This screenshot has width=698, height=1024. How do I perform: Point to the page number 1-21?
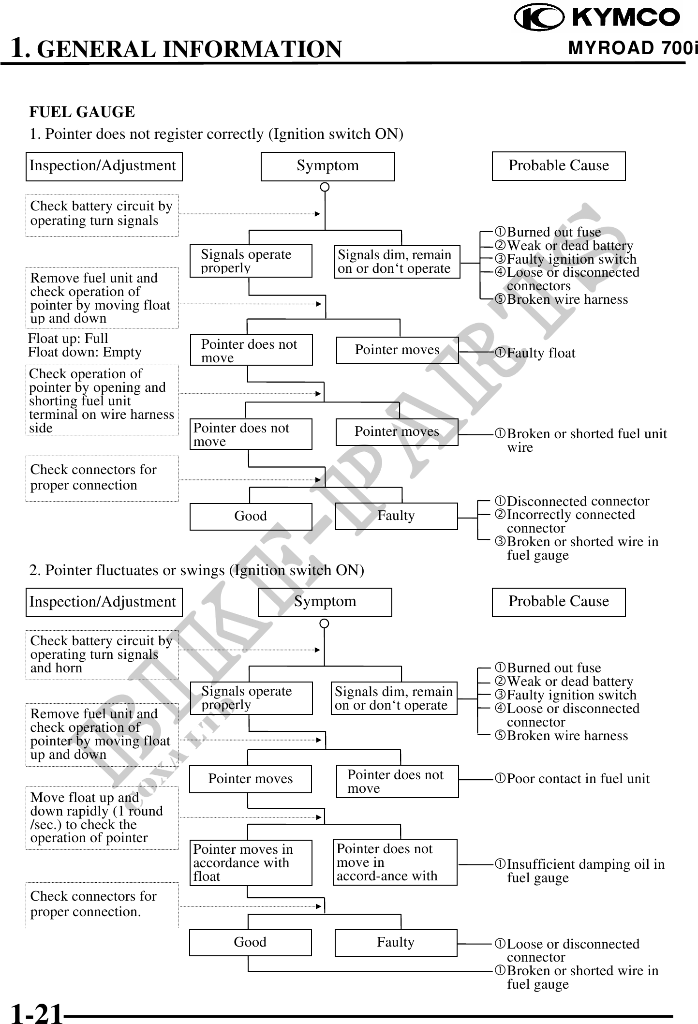37,1013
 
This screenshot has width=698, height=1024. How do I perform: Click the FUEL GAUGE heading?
82,112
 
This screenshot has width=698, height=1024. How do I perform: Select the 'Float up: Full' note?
68,338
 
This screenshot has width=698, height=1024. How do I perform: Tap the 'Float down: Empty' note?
85,352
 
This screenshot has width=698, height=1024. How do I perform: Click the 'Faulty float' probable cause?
535,353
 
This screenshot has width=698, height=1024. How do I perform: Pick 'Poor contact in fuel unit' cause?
572,778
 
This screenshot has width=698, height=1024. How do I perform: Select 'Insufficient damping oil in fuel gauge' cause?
579,870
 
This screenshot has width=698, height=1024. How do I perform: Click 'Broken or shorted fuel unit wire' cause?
580,440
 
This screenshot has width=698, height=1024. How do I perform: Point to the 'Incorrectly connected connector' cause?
564,521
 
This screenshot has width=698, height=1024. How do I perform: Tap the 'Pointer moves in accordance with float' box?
251,862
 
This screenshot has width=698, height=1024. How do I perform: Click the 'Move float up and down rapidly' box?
102,818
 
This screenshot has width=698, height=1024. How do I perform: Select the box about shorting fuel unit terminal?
102,400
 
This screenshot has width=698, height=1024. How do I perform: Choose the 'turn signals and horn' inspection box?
102,654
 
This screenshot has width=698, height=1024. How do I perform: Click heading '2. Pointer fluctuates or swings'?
196,570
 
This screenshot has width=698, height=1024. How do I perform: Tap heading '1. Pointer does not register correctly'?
216,134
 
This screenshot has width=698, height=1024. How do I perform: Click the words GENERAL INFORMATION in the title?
189,49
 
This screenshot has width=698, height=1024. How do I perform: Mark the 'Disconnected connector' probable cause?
571,501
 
